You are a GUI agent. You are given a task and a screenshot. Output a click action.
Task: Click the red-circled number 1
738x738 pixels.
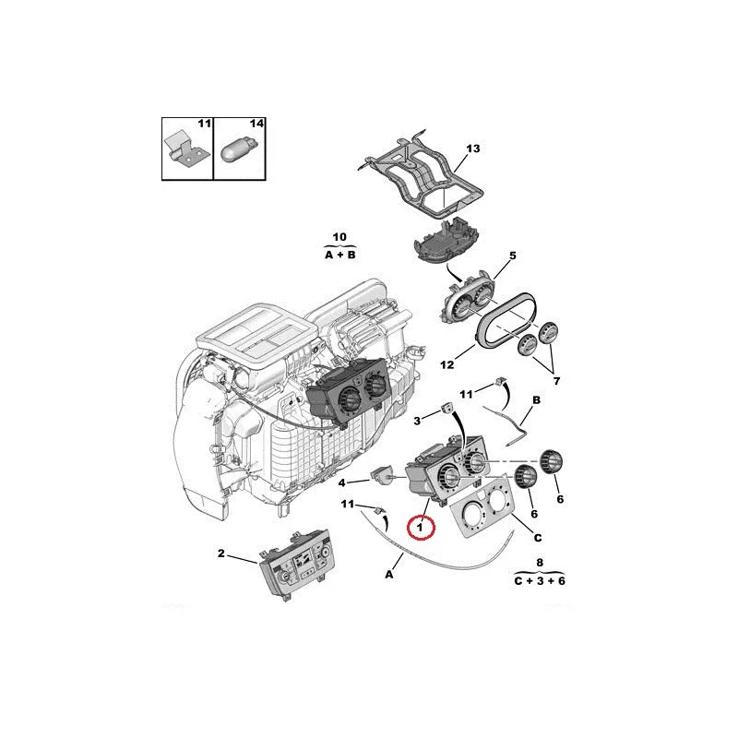[420, 528]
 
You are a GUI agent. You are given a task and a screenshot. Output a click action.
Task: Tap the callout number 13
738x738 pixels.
[472, 149]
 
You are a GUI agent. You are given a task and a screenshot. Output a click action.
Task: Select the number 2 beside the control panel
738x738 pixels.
[221, 553]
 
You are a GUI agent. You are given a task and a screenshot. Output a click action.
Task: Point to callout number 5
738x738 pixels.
[513, 256]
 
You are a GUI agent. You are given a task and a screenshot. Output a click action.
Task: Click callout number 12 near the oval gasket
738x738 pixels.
[447, 364]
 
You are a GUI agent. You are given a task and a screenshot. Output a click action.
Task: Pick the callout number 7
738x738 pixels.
[556, 381]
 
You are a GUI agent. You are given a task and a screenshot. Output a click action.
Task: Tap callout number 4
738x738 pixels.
[342, 482]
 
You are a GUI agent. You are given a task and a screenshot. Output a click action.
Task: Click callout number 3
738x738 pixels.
[417, 421]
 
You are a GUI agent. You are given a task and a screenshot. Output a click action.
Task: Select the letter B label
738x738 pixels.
[536, 400]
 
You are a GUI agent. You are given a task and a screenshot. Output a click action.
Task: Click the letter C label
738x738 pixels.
[538, 538]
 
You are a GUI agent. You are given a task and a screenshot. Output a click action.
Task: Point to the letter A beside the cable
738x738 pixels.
[389, 574]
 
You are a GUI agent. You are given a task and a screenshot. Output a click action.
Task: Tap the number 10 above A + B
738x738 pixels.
[339, 237]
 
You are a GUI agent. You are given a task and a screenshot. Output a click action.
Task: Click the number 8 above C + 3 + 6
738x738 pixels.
[540, 563]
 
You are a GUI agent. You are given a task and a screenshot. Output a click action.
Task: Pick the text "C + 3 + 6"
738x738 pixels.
[540, 581]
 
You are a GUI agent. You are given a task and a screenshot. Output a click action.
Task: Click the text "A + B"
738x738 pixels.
[340, 256]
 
